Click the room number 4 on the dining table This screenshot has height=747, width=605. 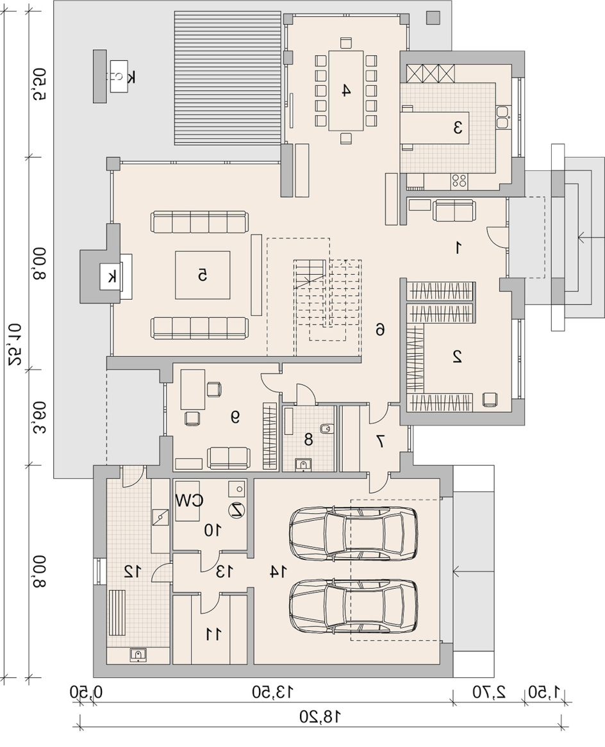tap(347, 90)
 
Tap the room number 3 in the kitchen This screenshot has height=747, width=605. tap(458, 127)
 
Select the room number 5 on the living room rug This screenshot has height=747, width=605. tap(203, 275)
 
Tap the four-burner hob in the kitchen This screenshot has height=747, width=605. tap(460, 181)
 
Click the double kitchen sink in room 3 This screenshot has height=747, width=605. tap(502, 117)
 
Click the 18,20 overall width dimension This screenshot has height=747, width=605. tap(320, 729)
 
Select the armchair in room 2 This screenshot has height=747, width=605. tap(490, 398)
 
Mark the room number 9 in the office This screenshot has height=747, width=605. tap(235, 417)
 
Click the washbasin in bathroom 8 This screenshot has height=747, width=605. tap(302, 464)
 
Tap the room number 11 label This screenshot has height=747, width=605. tap(213, 634)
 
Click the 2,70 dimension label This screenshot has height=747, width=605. tap(488, 692)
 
